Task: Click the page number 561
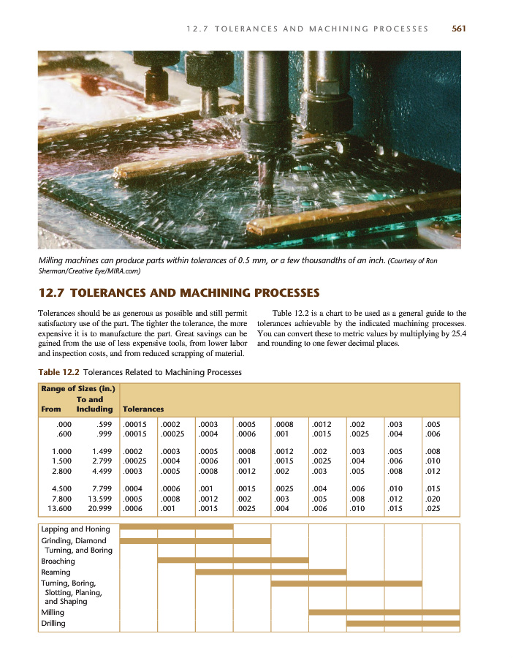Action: click(459, 29)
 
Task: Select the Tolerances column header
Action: click(143, 409)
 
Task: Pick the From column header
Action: click(51, 409)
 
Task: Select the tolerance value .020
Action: click(433, 497)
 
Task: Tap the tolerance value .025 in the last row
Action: click(433, 507)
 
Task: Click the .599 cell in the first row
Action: click(103, 423)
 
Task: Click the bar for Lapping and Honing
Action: click(176, 526)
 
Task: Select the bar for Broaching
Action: click(232, 561)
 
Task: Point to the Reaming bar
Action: click(270, 572)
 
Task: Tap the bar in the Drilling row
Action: click(403, 624)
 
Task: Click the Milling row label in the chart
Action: click(53, 613)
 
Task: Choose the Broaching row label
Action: click(58, 561)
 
